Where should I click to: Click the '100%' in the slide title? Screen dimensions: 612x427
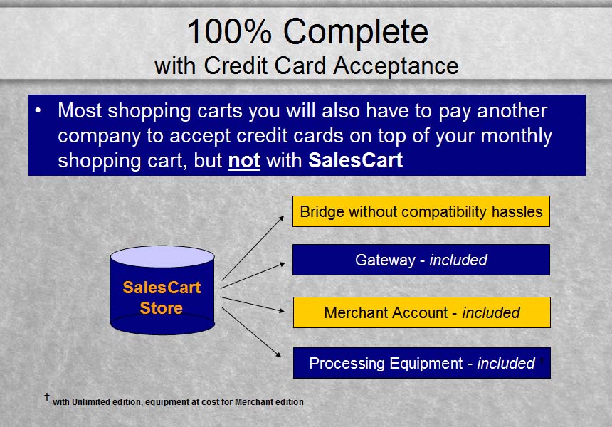[229, 31]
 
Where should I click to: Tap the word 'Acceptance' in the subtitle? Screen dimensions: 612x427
[396, 66]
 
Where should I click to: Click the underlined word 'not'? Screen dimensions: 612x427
[244, 160]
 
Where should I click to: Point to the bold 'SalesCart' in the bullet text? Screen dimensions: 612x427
[355, 160]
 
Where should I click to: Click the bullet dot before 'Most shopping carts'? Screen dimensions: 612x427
[38, 111]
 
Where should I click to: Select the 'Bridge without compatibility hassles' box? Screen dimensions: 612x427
[421, 211]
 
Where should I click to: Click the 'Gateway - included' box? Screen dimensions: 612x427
[421, 260]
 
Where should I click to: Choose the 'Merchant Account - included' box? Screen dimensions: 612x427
[421, 312]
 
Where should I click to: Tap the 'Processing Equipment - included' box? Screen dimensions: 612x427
[421, 363]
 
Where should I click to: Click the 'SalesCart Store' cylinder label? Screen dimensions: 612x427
[162, 297]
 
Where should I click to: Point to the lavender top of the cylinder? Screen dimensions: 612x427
[162, 256]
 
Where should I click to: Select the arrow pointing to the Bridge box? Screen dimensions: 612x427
[253, 248]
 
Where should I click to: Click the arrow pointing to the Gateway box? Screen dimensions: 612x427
[253, 275]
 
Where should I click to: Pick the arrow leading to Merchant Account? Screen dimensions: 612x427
[252, 305]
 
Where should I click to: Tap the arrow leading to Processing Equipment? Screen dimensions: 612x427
[251, 332]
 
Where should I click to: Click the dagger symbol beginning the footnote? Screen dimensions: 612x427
[47, 397]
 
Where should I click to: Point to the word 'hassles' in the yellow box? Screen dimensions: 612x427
[517, 211]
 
